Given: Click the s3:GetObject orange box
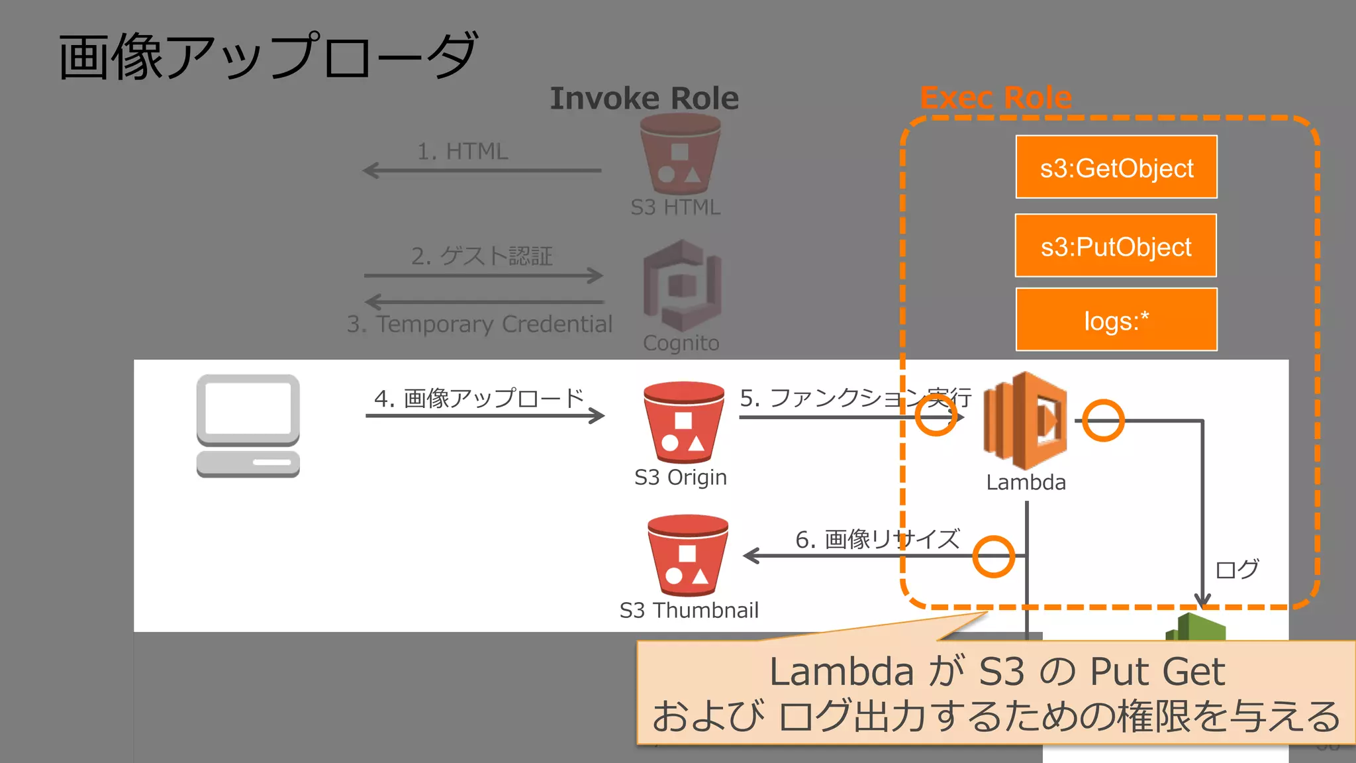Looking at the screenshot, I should click(x=1116, y=167).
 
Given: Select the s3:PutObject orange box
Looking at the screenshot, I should click(x=1116, y=246).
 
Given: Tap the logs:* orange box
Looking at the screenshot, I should click(x=1116, y=320).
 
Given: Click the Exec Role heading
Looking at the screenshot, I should click(x=995, y=97).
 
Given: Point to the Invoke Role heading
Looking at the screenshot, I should click(x=644, y=99).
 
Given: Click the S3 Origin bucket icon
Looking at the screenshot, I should click(x=683, y=422).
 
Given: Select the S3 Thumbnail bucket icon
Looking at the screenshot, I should click(x=687, y=555).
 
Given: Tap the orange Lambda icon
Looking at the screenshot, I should click(x=1025, y=421).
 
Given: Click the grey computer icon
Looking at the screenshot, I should click(x=248, y=425).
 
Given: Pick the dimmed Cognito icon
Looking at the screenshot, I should click(x=682, y=286).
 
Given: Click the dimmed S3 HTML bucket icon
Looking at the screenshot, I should click(x=680, y=154).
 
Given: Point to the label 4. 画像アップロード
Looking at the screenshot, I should click(x=479, y=398).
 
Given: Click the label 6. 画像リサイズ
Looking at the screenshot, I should click(x=877, y=539).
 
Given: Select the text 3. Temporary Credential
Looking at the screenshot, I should click(x=479, y=324).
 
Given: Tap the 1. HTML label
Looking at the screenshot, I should click(x=462, y=151).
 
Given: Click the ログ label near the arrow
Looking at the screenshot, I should click(x=1236, y=569).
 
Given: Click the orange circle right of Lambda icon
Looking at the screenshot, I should click(x=1103, y=421).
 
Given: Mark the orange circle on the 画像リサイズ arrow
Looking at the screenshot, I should click(x=993, y=556).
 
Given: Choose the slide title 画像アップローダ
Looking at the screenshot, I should click(x=268, y=57).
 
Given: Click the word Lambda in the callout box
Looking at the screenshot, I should click(x=840, y=672).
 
